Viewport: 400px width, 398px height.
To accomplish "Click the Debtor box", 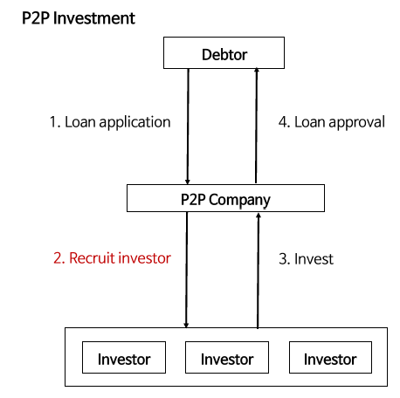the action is (224, 53).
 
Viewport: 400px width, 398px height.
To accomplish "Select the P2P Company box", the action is (225, 198).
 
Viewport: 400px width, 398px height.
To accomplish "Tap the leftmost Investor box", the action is (124, 357).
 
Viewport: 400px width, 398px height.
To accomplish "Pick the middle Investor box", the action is (227, 357).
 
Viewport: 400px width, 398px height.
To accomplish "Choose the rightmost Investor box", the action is (330, 357).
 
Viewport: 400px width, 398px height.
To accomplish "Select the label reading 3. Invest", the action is (306, 259).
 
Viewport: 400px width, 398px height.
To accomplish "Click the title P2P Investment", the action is (79, 18).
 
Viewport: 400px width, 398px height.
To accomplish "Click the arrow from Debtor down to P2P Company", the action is (188, 127).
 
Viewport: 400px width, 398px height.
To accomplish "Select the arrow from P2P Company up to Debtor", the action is (257, 126).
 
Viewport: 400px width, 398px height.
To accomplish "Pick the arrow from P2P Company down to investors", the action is (187, 270).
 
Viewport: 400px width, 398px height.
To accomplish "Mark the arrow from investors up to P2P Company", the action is (258, 271).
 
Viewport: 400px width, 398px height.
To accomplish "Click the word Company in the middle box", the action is (239, 201).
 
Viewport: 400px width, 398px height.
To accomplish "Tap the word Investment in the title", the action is (94, 18).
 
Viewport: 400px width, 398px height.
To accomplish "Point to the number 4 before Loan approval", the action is (283, 122).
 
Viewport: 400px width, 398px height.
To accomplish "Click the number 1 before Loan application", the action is (54, 122).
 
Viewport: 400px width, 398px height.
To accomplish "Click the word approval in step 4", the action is (357, 123).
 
